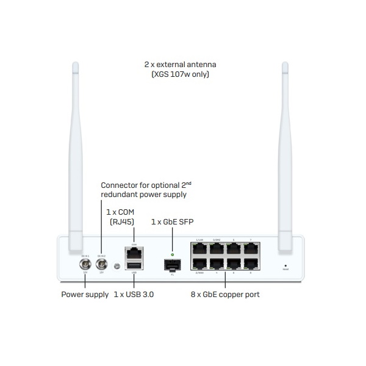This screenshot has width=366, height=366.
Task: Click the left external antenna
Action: pos(76,152)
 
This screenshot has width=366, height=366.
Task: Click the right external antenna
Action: pos(285,152)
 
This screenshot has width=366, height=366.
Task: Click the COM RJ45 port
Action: pos(134,252)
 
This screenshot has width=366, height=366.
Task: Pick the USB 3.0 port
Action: pos(134,265)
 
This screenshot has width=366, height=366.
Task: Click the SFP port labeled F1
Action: pos(173,265)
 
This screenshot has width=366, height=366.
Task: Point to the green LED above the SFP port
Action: pos(173,254)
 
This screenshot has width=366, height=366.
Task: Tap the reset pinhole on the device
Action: pos(285,266)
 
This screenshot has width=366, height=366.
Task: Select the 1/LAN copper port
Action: pos(199,249)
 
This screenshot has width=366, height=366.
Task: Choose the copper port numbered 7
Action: pos(250,249)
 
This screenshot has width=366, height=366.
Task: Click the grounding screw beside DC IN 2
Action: pos(117,265)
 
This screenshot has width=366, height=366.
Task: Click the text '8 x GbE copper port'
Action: pos(225,295)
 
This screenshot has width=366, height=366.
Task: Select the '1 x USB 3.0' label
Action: pos(134,295)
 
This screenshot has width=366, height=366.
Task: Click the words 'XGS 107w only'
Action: pos(183,74)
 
